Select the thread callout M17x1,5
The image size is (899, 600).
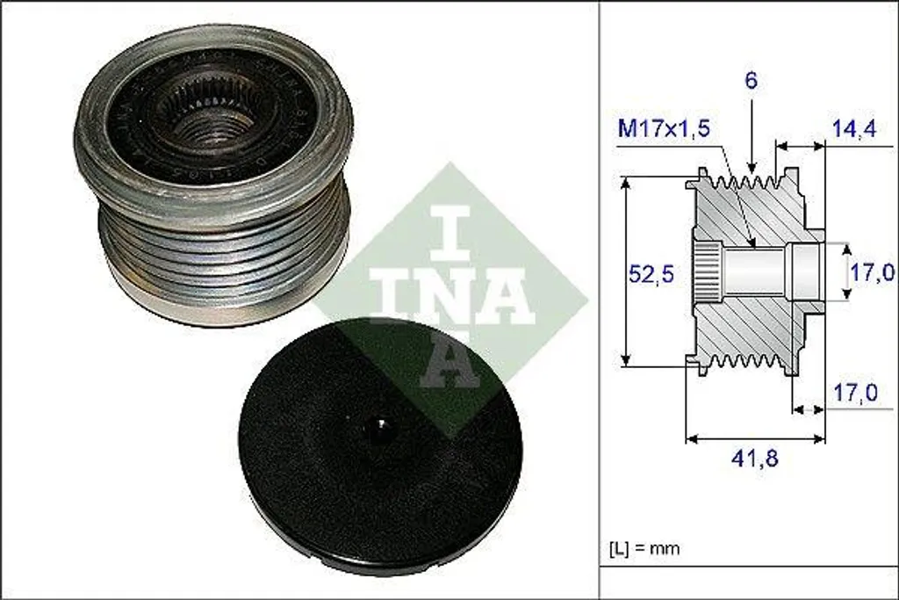[x=664, y=128]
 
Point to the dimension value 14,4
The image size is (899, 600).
[x=855, y=128]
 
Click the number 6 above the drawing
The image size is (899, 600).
[x=752, y=81]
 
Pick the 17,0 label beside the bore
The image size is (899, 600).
[x=872, y=273]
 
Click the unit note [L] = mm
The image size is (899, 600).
[x=644, y=548]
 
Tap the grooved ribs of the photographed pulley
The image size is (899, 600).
[x=224, y=255]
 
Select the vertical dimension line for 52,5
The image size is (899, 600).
[x=626, y=271]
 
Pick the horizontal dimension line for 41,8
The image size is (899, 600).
[x=755, y=437]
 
